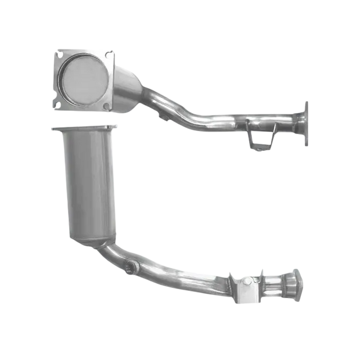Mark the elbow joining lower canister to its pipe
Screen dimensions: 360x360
click(x=113, y=253)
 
